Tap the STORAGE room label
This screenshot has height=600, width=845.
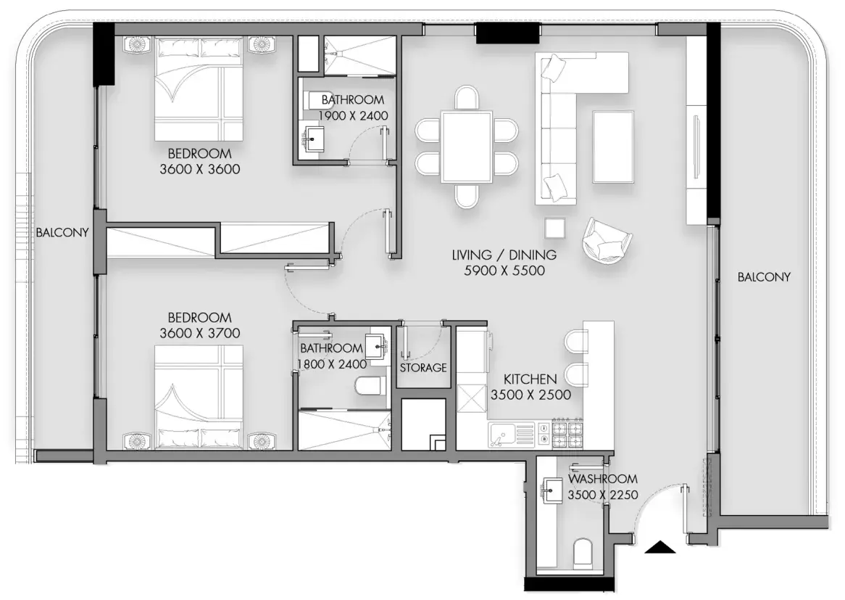[423, 367]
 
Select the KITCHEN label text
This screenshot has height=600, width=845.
[530, 379]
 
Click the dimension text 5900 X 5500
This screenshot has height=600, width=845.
[504, 271]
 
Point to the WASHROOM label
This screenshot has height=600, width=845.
[602, 479]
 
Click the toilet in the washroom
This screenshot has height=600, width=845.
[583, 552]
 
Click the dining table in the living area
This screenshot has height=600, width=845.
[467, 147]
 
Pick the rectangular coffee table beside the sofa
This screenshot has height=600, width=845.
[613, 147]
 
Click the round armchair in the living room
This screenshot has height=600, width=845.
[607, 241]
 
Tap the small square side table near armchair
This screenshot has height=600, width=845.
[554, 229]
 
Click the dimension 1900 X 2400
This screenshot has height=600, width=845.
[353, 115]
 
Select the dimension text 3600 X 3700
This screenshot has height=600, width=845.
[200, 333]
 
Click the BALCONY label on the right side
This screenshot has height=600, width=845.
[764, 277]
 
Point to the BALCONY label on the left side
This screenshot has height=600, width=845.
[62, 233]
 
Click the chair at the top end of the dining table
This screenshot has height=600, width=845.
[467, 98]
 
